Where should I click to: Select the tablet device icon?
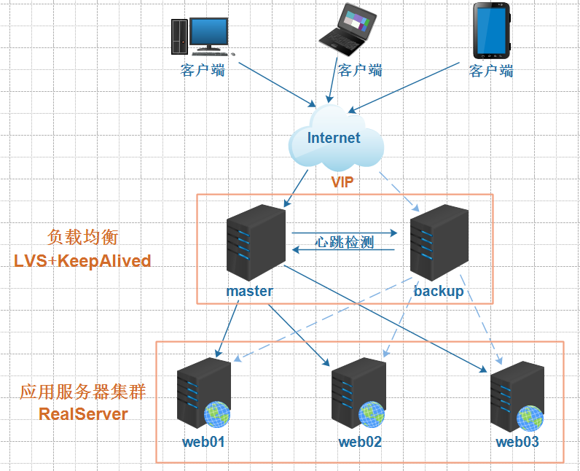pos(491,31)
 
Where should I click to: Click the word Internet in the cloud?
pos(334,139)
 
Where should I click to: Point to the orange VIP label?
pos(342,182)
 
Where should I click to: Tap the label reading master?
pos(249,291)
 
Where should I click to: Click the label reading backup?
pos(439,291)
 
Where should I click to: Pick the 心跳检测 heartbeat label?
pos(344,242)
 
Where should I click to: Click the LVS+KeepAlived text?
pos(82,261)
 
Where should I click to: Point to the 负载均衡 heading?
pos(82,237)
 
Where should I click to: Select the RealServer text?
pos(83,414)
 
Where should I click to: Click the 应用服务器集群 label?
pos(83,392)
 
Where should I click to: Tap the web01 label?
pos(204,442)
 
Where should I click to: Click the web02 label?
pos(360,442)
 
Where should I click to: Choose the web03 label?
pos(517,442)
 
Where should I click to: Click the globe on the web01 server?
pos(217,414)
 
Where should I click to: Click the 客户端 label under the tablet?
pos(491,71)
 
